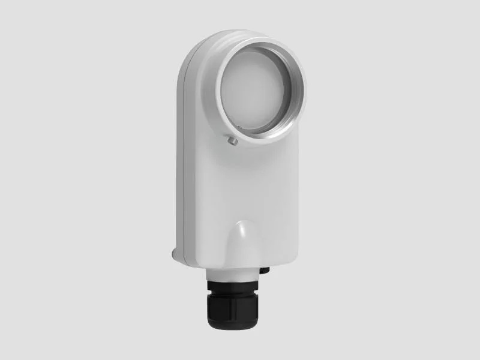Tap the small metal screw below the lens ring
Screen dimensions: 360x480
point(232,140)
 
